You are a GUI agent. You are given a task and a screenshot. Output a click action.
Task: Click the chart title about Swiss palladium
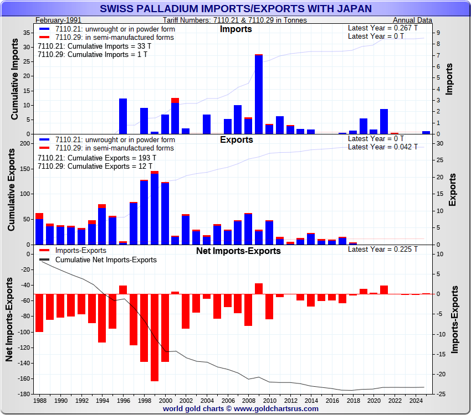click(x=235, y=9)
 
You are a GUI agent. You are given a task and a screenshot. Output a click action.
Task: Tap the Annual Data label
click(x=413, y=20)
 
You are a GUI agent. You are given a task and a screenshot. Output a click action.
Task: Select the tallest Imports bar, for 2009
click(x=259, y=94)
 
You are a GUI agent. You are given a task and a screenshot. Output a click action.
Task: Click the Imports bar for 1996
click(x=123, y=116)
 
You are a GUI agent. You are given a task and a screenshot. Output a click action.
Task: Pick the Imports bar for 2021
click(x=384, y=121)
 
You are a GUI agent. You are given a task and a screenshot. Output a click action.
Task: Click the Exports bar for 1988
click(x=39, y=229)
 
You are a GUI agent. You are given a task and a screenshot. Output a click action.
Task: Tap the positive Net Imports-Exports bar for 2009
click(x=259, y=288)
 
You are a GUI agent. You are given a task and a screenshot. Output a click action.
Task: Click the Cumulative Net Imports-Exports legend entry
click(x=105, y=260)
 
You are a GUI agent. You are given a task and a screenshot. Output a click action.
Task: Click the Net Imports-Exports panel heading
click(x=238, y=251)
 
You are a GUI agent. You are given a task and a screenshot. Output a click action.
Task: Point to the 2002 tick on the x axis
click(x=186, y=400)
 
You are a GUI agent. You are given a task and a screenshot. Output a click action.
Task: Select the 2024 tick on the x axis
click(x=416, y=400)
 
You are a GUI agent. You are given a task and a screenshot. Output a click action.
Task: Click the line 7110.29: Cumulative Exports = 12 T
click(x=94, y=167)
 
